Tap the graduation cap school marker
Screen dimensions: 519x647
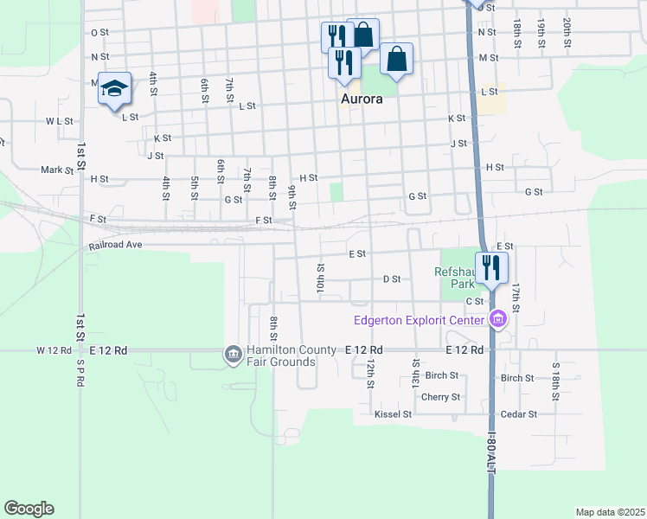(x=115, y=89)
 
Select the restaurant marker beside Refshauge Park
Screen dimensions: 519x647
(x=491, y=267)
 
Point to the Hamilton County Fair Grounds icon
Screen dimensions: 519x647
(x=233, y=354)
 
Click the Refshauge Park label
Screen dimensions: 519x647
(x=455, y=277)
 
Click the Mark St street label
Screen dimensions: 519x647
(x=57, y=170)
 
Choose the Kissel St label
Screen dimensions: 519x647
(x=393, y=414)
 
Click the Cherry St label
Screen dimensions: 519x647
(x=440, y=397)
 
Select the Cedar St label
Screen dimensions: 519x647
(x=519, y=414)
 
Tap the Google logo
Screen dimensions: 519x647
(x=29, y=509)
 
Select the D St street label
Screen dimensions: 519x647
(x=391, y=279)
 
